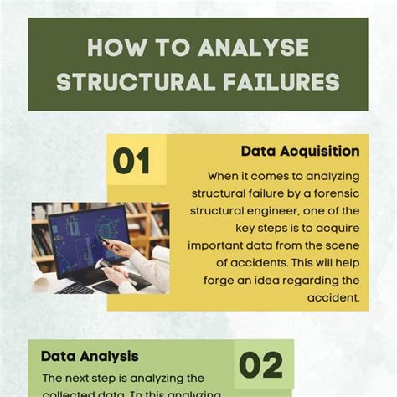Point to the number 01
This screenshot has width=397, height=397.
[x=131, y=160]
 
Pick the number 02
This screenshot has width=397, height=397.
[x=260, y=364]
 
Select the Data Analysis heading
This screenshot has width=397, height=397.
[x=90, y=356]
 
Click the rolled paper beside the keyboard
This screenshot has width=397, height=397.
[x=40, y=284]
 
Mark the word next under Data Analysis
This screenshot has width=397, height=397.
[x=81, y=378]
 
